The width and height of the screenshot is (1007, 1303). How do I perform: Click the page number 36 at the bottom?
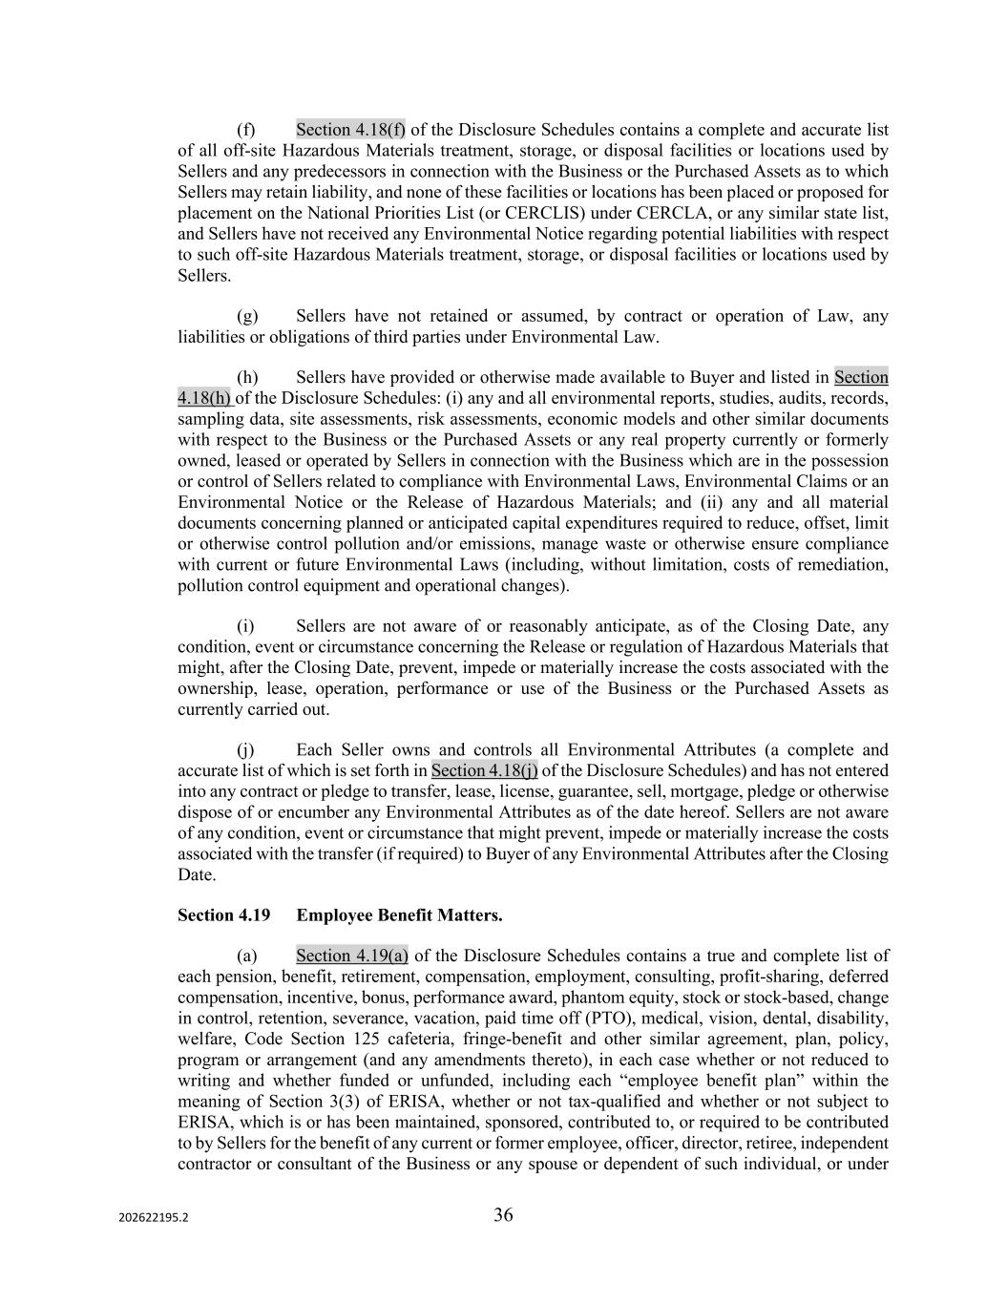click(503, 1214)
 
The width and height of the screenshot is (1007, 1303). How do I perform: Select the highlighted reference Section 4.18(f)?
click(350, 130)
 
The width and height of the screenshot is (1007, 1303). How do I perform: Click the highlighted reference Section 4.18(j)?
click(484, 770)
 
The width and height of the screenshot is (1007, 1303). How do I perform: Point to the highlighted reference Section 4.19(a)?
click(352, 956)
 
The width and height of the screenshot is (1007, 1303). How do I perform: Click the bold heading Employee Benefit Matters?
click(399, 915)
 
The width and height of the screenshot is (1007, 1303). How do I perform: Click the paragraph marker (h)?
click(247, 377)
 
